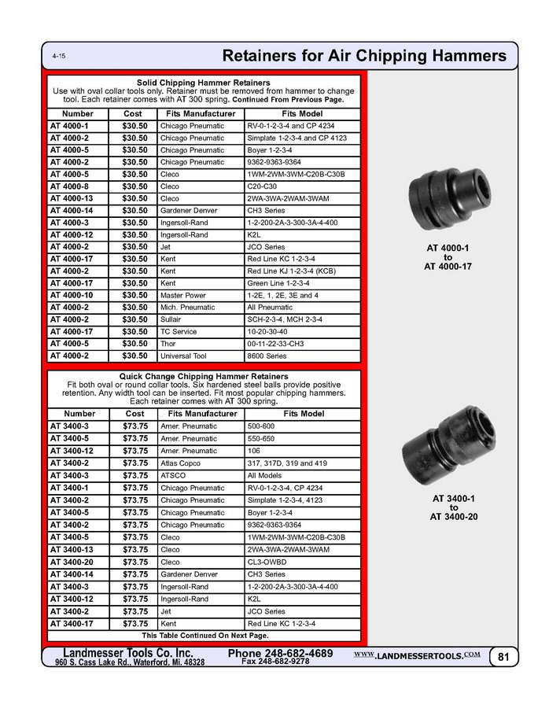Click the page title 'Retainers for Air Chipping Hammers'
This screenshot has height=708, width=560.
coord(364,56)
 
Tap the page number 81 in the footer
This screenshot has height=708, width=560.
coord(502,656)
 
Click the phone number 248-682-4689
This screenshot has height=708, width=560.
coord(280,653)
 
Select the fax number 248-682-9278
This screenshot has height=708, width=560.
coord(275,662)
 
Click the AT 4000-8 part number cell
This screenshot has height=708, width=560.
coord(70,186)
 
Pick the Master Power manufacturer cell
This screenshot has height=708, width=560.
coord(182,295)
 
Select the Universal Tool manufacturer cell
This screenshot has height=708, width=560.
coord(183,356)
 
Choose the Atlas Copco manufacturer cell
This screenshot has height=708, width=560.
coord(182,464)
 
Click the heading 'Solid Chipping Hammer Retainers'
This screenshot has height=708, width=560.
coord(204,83)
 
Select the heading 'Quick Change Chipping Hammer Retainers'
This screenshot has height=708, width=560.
coord(204,377)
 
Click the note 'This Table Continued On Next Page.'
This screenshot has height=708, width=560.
coord(204,635)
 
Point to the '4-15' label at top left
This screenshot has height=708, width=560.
coord(59,57)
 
